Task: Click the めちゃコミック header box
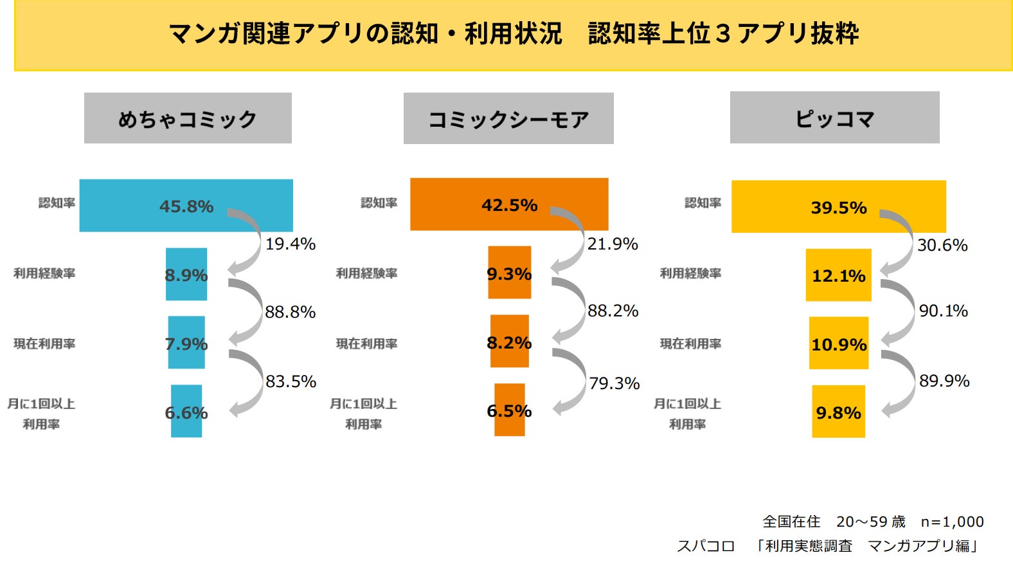tap(188, 118)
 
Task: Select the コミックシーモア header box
tap(508, 118)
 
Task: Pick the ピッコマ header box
tap(834, 118)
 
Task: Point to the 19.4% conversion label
tap(291, 244)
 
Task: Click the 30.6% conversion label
tap(942, 245)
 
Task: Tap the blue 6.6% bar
tap(186, 412)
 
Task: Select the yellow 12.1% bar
tap(838, 275)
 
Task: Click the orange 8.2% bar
tap(509, 341)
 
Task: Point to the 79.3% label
tap(614, 384)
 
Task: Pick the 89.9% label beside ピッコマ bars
tap(944, 381)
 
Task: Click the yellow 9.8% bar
tap(838, 412)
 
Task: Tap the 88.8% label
tap(291, 313)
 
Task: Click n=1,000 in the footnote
tap(952, 522)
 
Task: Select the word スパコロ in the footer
tap(706, 546)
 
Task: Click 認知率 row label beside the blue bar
tap(57, 203)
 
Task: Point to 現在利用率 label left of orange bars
tap(366, 344)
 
